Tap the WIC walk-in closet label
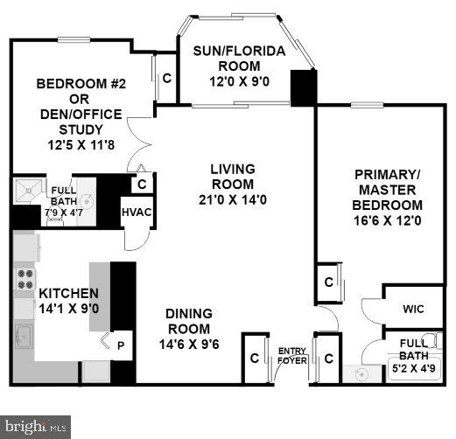pos(413,309)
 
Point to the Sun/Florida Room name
pos(239,59)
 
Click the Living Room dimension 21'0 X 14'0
pos(232,200)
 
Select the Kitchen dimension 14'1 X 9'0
pos(56,308)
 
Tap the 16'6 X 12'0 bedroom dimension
pos(388,220)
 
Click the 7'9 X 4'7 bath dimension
pos(63,212)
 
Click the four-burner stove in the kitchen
pos(24,281)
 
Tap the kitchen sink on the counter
pos(24,335)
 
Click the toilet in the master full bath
pos(430,342)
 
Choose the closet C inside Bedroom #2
pos(166,76)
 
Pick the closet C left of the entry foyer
pos(254,358)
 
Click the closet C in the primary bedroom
pos(328,282)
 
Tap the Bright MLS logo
pos(34,427)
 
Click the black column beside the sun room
pos(303,87)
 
